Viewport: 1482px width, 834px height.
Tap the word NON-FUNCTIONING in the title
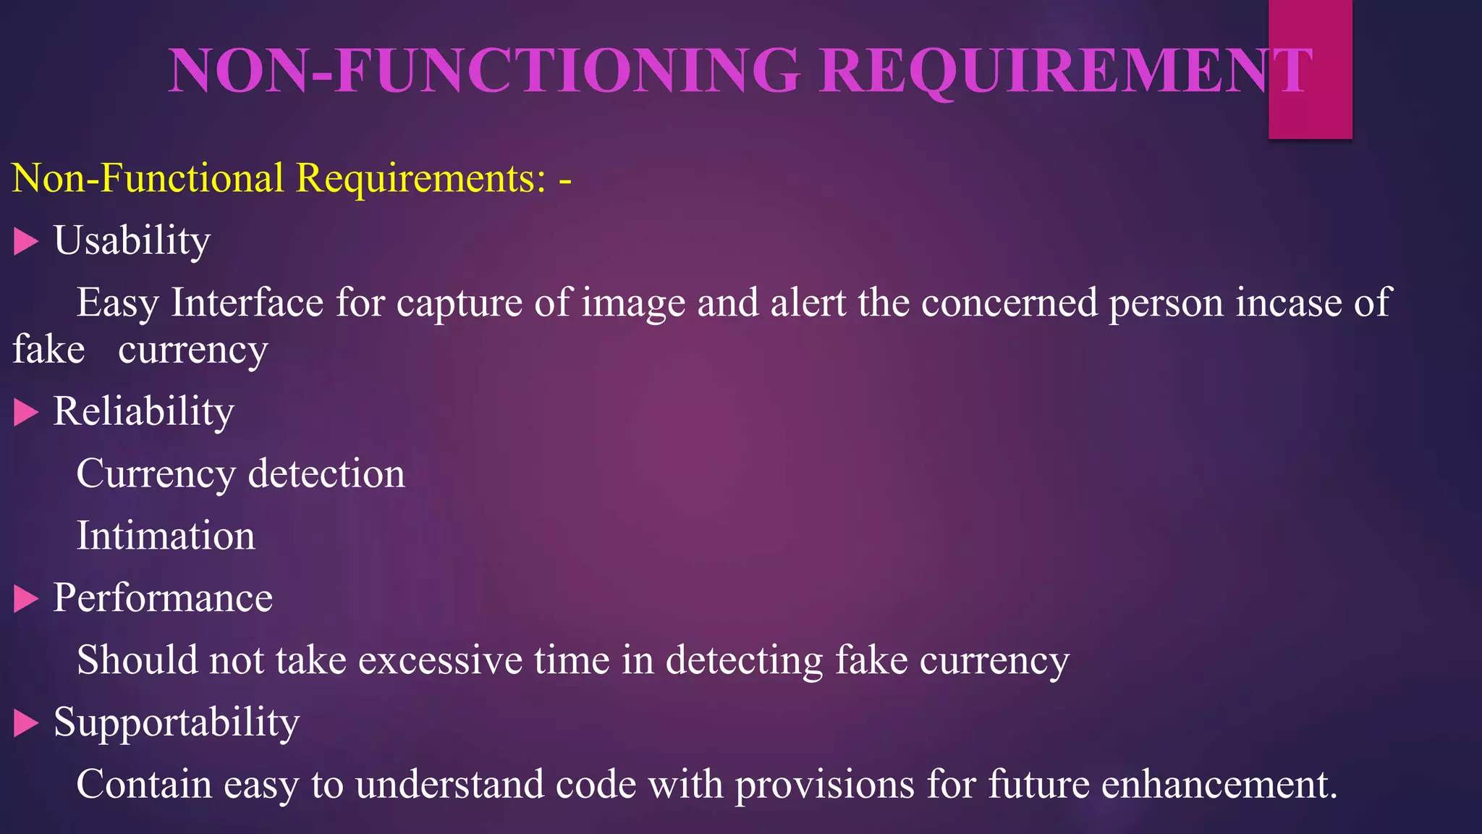(x=484, y=71)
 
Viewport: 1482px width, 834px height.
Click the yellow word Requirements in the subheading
(x=420, y=178)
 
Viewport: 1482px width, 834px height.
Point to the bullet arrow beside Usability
(x=25, y=242)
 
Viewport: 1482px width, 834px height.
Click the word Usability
(x=132, y=240)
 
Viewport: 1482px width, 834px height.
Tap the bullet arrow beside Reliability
(x=25, y=413)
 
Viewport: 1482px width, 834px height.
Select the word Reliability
(x=143, y=411)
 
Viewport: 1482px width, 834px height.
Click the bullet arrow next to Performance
(x=25, y=599)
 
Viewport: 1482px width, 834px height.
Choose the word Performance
(x=163, y=598)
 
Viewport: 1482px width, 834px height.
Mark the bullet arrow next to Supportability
(x=25, y=723)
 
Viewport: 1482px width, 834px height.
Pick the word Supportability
(x=176, y=723)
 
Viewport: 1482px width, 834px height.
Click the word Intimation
(x=166, y=536)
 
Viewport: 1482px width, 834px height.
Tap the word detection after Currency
(x=326, y=473)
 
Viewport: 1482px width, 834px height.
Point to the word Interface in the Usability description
(x=247, y=303)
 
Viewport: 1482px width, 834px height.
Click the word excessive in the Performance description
(x=440, y=660)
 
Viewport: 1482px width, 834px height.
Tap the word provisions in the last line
(x=825, y=785)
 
